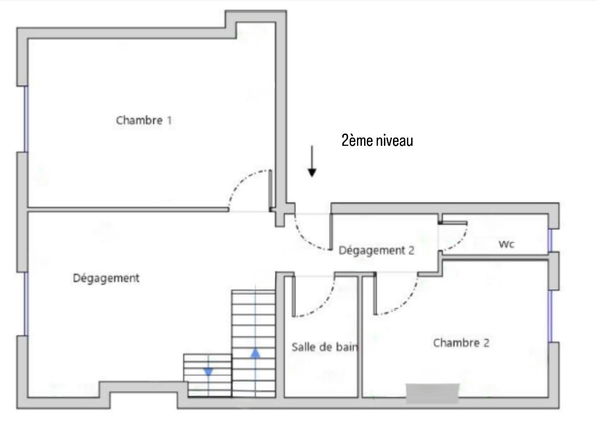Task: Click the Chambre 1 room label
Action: coord(144,120)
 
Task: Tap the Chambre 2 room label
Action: coord(461,343)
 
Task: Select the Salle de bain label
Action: coord(325,347)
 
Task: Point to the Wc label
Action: coord(506,244)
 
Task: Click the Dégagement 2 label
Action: coord(376,250)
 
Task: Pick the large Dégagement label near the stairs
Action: coord(106,278)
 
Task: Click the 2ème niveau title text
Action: coord(377,141)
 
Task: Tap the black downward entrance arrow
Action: coord(312,161)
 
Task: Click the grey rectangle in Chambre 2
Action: coord(432,393)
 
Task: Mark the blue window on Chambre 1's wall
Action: coord(26,119)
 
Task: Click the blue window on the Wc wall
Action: coord(550,240)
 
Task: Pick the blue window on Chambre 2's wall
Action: coord(550,316)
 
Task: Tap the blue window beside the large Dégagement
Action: coord(26,304)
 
